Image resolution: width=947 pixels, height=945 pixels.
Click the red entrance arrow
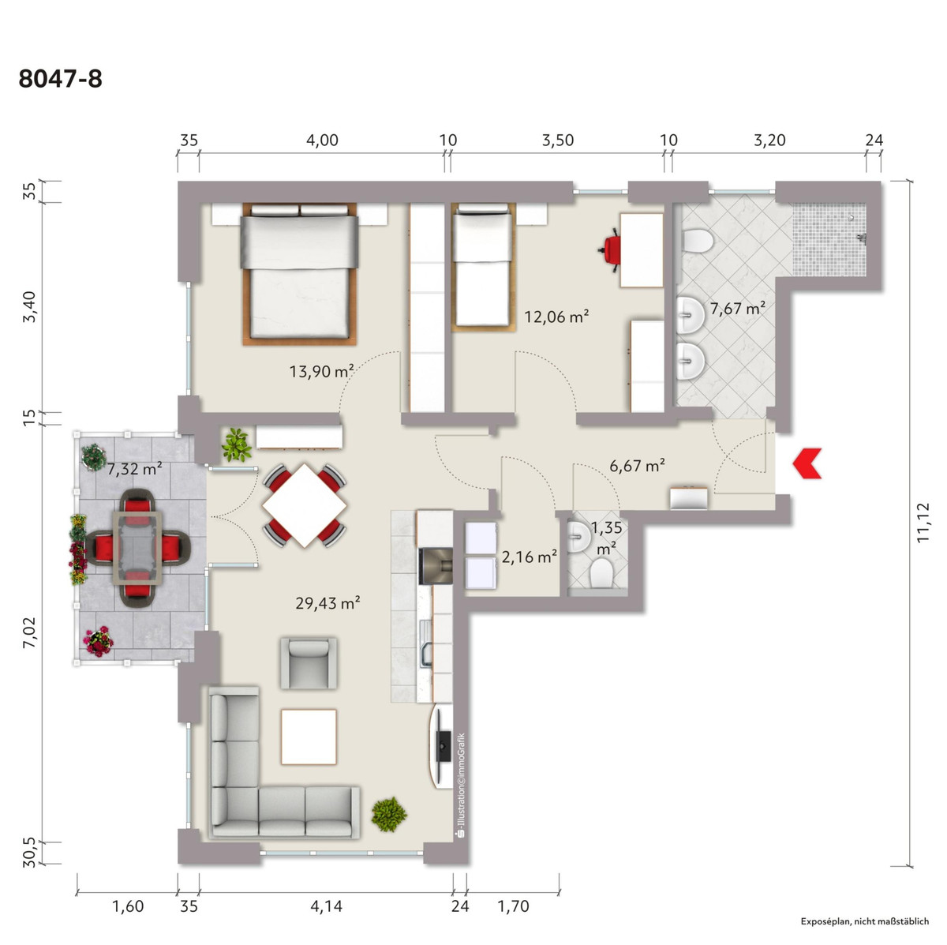(808, 463)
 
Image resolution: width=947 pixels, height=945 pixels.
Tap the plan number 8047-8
(61, 79)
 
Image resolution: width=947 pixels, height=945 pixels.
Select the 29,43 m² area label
(328, 603)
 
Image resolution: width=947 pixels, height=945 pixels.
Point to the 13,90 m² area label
(321, 371)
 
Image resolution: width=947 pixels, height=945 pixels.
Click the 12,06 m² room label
(556, 317)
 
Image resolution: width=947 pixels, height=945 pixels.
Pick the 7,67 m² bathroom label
(738, 309)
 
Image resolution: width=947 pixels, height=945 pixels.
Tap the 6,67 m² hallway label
(638, 465)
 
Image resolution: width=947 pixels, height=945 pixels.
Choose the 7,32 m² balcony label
(135, 469)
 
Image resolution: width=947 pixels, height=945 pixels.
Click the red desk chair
(610, 249)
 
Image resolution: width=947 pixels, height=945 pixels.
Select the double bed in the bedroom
(299, 273)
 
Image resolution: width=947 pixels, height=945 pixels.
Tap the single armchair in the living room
(309, 663)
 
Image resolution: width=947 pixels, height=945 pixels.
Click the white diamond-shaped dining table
(304, 505)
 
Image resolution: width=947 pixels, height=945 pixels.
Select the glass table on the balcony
(137, 548)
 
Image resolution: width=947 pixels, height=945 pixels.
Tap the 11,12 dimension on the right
(923, 522)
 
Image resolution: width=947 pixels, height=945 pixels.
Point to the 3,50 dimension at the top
(558, 141)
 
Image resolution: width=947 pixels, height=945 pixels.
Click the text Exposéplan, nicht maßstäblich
(865, 921)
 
